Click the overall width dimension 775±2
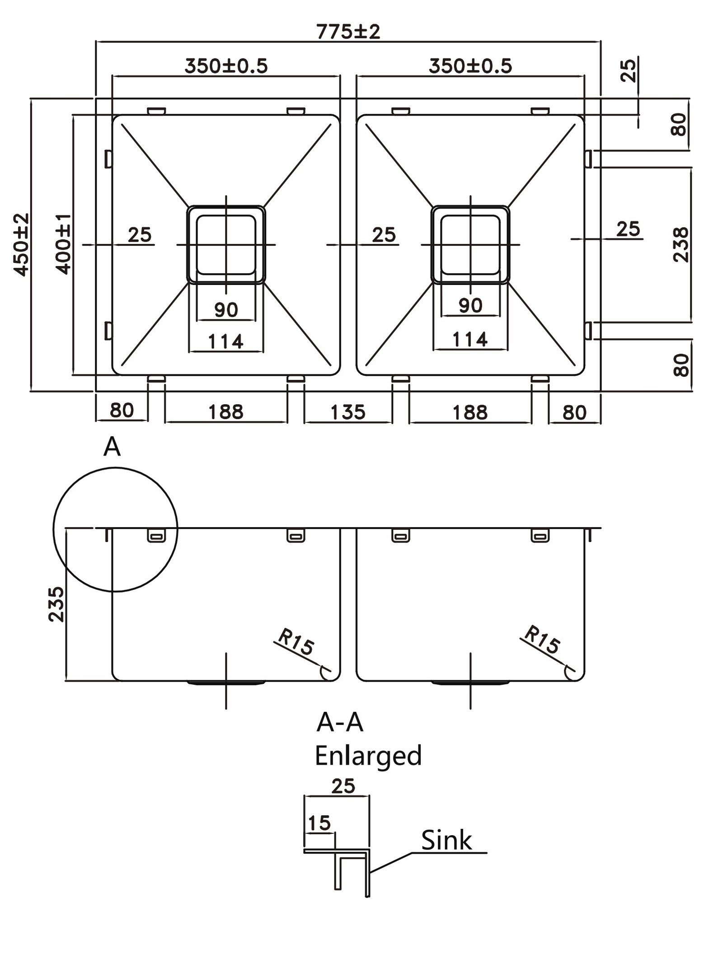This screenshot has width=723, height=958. (x=348, y=32)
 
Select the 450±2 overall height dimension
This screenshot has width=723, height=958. (x=21, y=244)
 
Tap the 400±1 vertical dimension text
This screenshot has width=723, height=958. (x=63, y=244)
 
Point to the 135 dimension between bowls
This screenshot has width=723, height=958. (x=347, y=412)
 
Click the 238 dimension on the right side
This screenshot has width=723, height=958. (x=681, y=244)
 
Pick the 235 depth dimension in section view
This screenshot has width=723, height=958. (x=56, y=604)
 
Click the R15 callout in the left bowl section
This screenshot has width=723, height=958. (x=296, y=642)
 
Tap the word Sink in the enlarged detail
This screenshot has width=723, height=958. (x=446, y=841)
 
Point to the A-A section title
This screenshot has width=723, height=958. (x=340, y=722)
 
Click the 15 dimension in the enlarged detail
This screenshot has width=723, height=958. (x=319, y=823)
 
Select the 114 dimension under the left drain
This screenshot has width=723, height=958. (x=225, y=341)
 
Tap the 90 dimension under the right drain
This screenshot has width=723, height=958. (x=470, y=306)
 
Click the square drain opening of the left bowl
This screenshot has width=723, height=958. (x=226, y=244)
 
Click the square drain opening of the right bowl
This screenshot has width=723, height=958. (x=470, y=244)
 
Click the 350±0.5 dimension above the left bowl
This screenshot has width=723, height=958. (x=226, y=66)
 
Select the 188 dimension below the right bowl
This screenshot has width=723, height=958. (x=470, y=412)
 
